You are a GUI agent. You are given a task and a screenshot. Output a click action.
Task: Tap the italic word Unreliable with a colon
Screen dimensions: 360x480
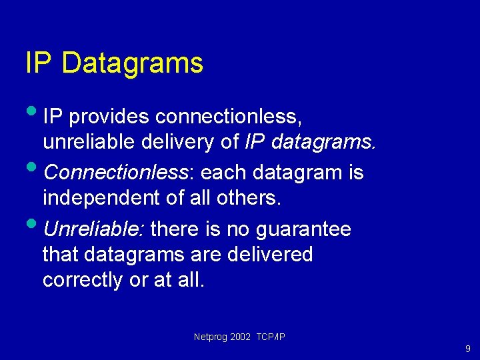pos(94,229)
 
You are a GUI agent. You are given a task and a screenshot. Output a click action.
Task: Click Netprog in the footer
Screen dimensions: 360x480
pos(209,337)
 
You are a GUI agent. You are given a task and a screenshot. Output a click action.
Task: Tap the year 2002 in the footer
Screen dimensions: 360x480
pos(240,337)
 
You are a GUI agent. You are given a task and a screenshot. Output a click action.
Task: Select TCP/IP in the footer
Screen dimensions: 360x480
pos(271,337)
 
